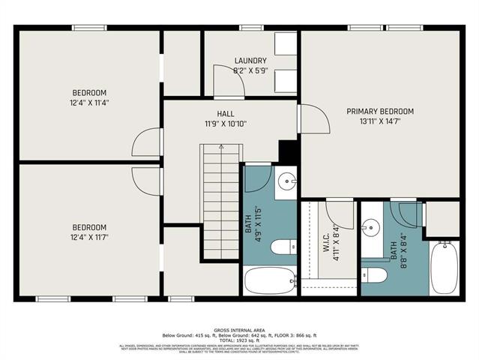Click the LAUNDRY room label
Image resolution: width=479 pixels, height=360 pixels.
tap(250, 61)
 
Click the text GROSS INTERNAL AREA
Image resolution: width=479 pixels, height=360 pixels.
tap(239, 329)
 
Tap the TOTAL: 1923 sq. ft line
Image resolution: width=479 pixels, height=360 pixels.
tap(239, 340)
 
